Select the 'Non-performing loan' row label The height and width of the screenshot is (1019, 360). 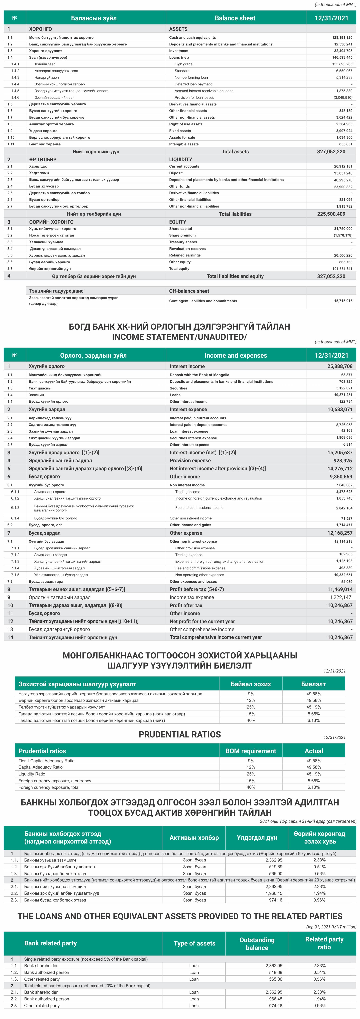point(191,78)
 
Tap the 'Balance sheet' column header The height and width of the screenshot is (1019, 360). point(235,18)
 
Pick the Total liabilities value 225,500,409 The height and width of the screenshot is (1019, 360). point(331,214)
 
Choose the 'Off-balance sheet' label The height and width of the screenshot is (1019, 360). point(189,291)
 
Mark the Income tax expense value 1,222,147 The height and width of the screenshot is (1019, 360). point(340,597)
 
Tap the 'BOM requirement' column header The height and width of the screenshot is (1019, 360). point(251,751)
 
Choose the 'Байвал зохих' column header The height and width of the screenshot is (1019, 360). point(251,684)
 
